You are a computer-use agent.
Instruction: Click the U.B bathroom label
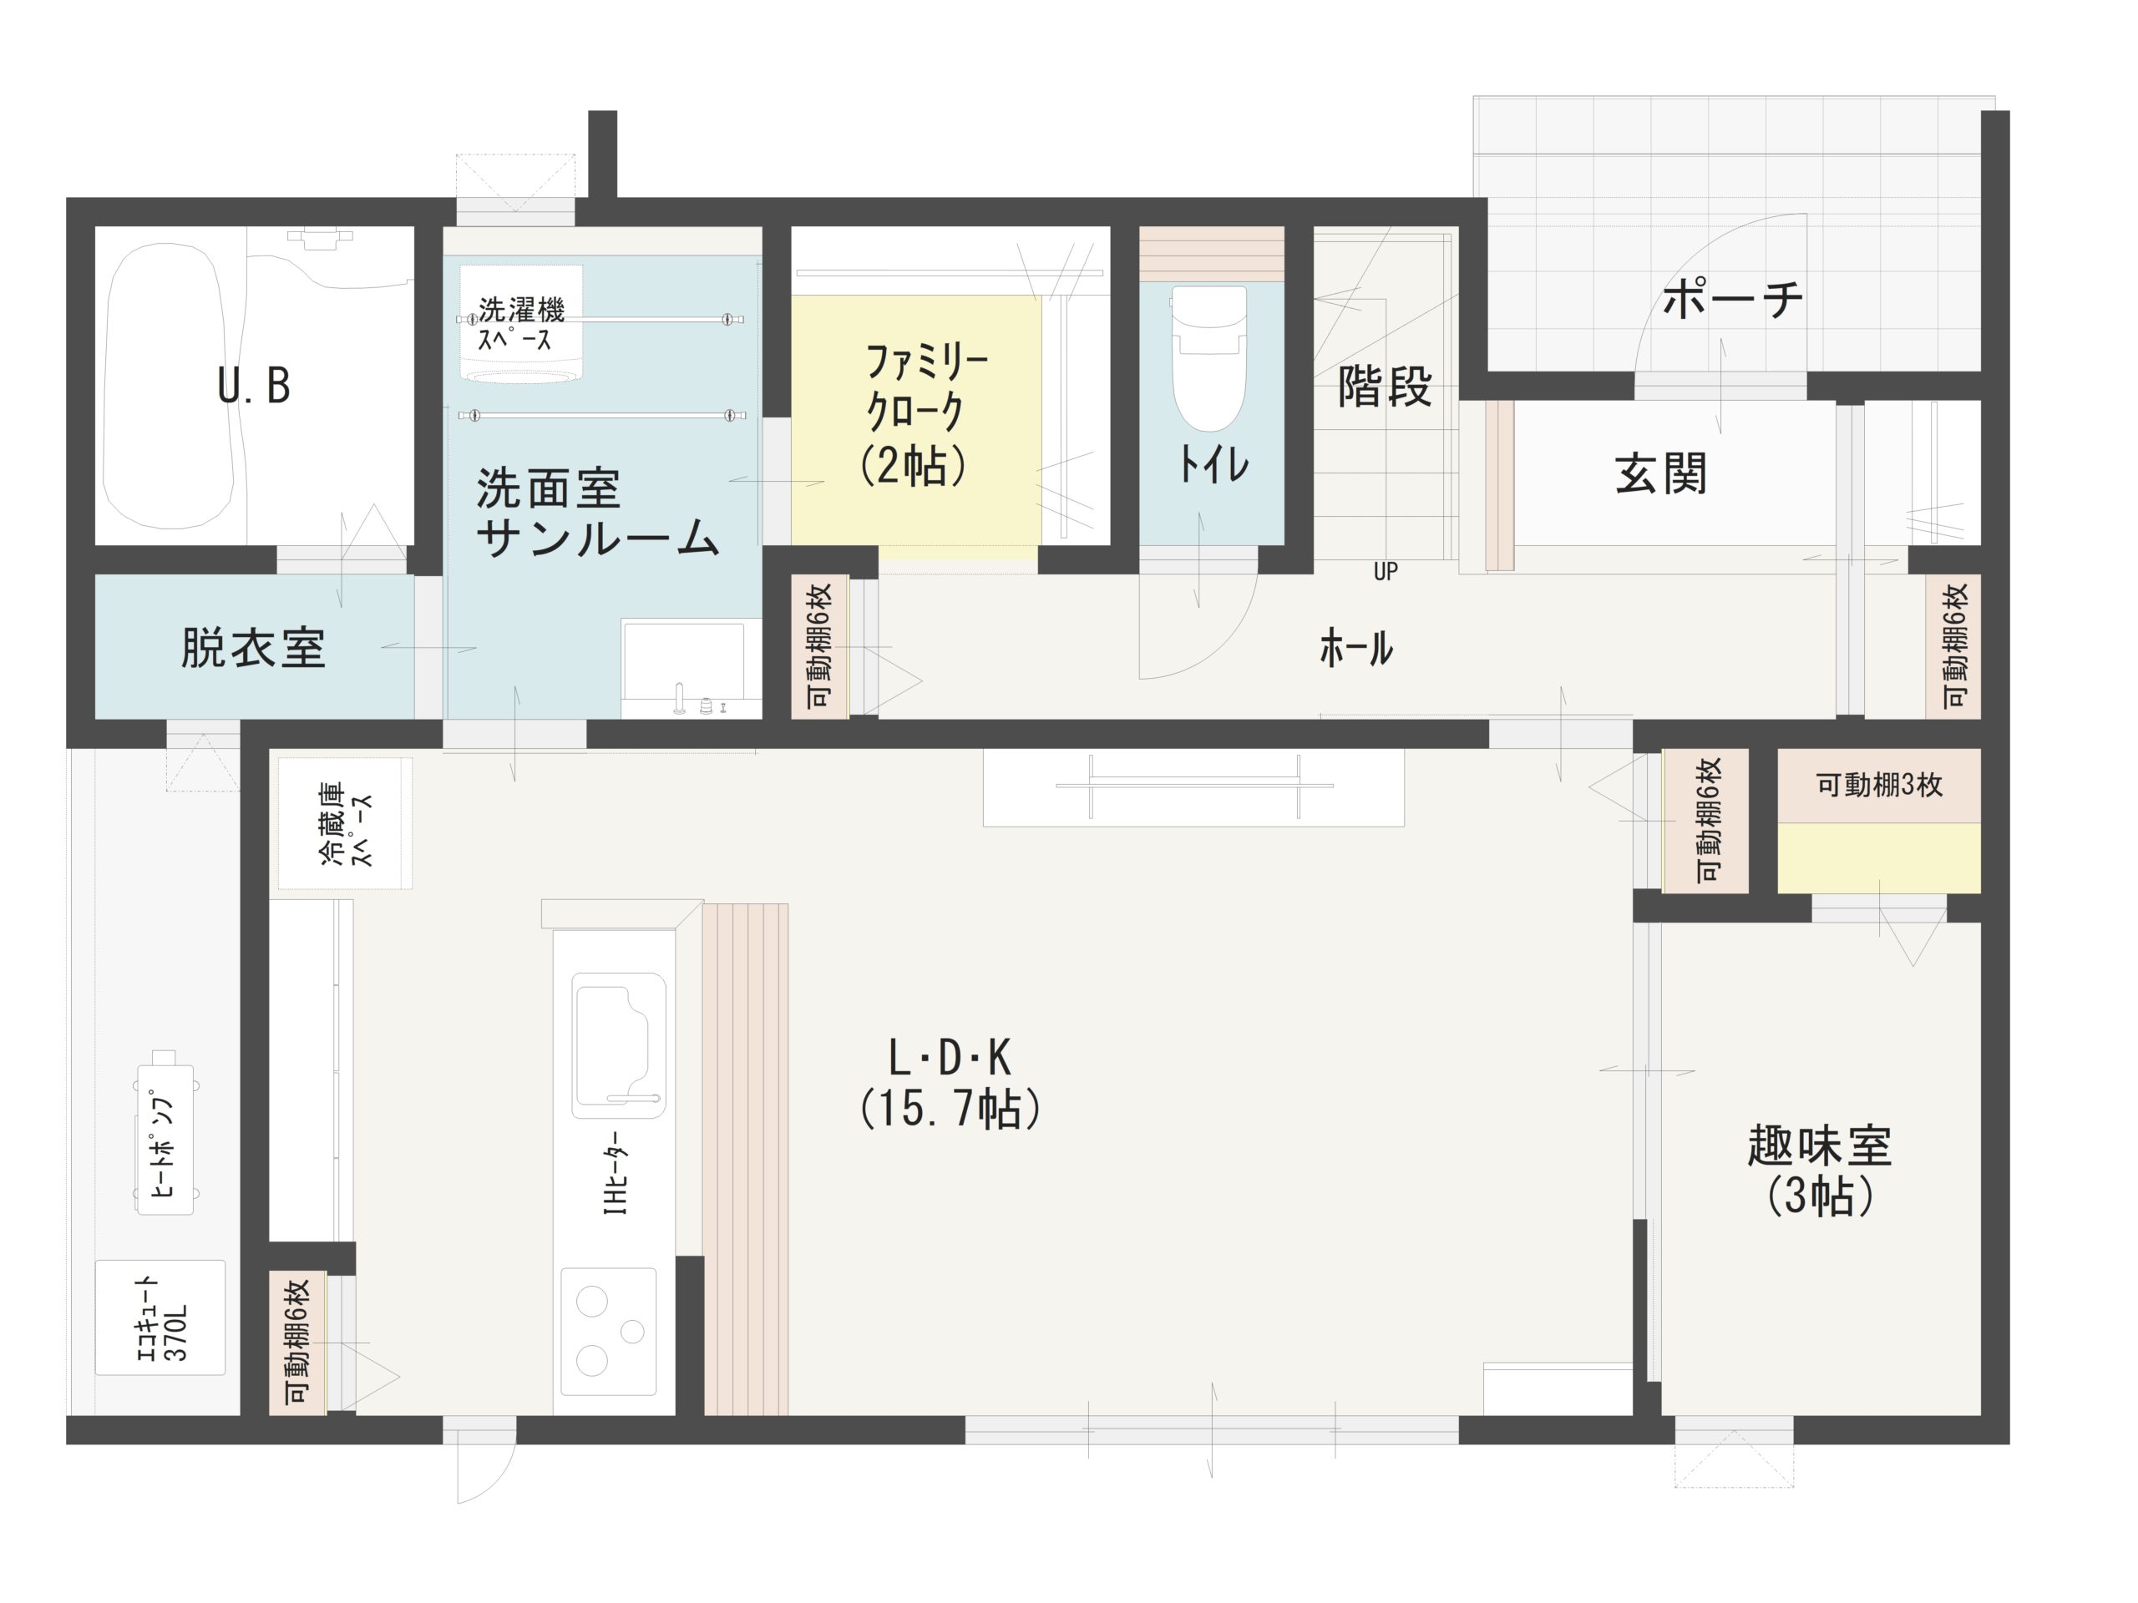[x=253, y=386]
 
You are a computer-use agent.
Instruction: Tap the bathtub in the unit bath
[x=170, y=386]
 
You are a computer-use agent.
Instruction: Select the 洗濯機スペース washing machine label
[x=521, y=324]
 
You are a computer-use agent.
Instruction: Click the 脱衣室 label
[x=253, y=647]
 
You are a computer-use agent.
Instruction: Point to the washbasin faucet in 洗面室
[x=680, y=699]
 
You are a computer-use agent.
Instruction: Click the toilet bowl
[x=1208, y=358]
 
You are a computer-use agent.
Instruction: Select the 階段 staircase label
[x=1384, y=386]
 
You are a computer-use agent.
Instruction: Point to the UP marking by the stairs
[x=1385, y=571]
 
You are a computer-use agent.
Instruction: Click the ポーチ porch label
[x=1732, y=299]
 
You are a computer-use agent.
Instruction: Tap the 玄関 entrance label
[x=1661, y=473]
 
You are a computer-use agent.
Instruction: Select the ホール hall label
[x=1356, y=647]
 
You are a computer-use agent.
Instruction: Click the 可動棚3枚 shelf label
[x=1879, y=785]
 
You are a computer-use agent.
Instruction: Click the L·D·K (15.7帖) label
[x=950, y=1083]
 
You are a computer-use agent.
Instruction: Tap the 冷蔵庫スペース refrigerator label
[x=345, y=823]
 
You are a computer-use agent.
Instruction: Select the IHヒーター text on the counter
[x=616, y=1172]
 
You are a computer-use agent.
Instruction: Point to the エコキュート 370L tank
[x=160, y=1317]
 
